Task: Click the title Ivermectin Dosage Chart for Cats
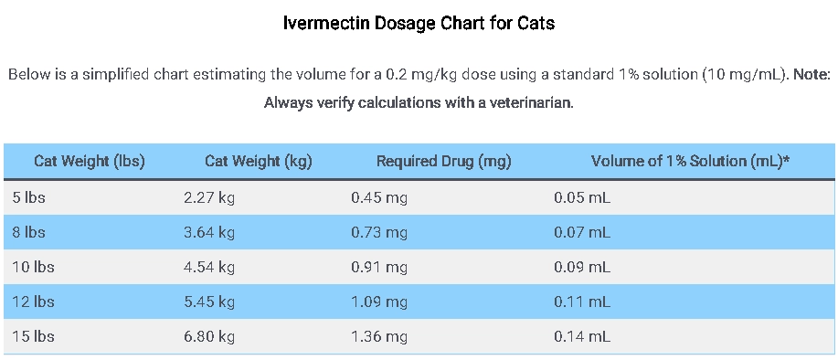coord(419,24)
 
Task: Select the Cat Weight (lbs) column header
coord(90,162)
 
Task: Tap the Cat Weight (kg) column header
coord(259,162)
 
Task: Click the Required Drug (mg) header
coord(443,162)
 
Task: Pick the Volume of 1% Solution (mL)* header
coord(690,162)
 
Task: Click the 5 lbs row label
coord(27,197)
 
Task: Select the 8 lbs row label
coord(27,232)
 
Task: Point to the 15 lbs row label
coord(32,336)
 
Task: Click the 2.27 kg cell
coord(209,197)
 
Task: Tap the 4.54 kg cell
coord(209,267)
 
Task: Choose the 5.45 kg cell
coord(209,302)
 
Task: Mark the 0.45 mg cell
coord(379,197)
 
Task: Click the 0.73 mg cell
coord(379,232)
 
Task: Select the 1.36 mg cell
coord(379,336)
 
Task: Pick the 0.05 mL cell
coord(582,197)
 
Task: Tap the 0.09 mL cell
coord(582,267)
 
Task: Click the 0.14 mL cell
coord(582,336)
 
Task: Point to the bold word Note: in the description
coord(811,74)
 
